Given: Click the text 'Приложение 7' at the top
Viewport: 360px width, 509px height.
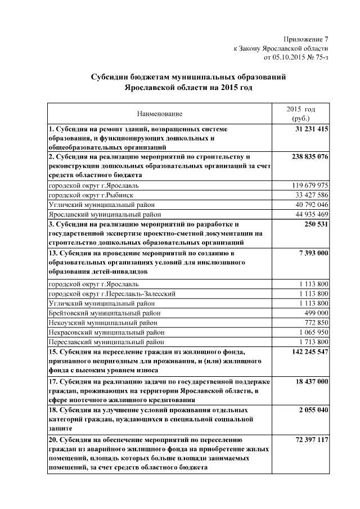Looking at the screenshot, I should pyautogui.click(x=306, y=39).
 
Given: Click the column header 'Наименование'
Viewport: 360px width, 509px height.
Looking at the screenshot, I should pyautogui.click(x=160, y=114).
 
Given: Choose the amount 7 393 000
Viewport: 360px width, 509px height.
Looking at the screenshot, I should pyautogui.click(x=314, y=254).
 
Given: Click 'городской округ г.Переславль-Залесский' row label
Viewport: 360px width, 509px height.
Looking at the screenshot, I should pyautogui.click(x=112, y=293).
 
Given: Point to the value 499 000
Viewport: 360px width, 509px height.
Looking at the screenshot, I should pyautogui.click(x=316, y=312).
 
